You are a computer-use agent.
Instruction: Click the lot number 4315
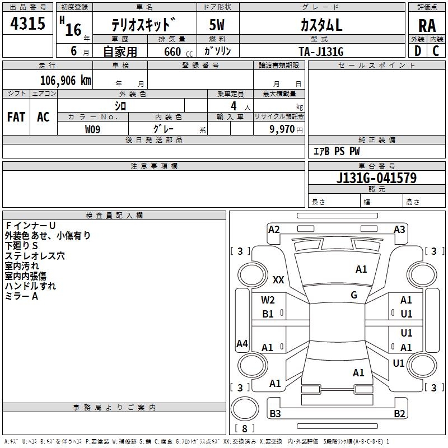[x=27, y=24]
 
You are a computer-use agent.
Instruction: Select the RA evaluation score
[x=427, y=26]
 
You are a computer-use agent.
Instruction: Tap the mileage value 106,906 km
[x=66, y=81]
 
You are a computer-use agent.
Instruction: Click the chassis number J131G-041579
[x=376, y=178]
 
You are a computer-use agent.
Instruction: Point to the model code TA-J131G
[x=320, y=52]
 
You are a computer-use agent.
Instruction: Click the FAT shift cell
[x=16, y=117]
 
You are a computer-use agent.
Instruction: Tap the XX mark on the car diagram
[x=278, y=279]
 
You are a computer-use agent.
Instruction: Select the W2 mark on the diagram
[x=268, y=300]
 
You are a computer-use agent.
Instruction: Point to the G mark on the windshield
[x=354, y=295]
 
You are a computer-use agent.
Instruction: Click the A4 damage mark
[x=242, y=344]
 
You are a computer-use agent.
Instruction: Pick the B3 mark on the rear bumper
[x=275, y=414]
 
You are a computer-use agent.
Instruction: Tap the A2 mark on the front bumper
[x=274, y=229]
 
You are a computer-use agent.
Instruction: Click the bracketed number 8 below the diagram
[x=245, y=428]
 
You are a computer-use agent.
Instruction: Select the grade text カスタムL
[x=321, y=25]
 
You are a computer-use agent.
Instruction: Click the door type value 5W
[x=217, y=25]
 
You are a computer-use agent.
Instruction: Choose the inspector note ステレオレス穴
[x=35, y=256]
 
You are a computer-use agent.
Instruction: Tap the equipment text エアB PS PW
[x=336, y=151]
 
